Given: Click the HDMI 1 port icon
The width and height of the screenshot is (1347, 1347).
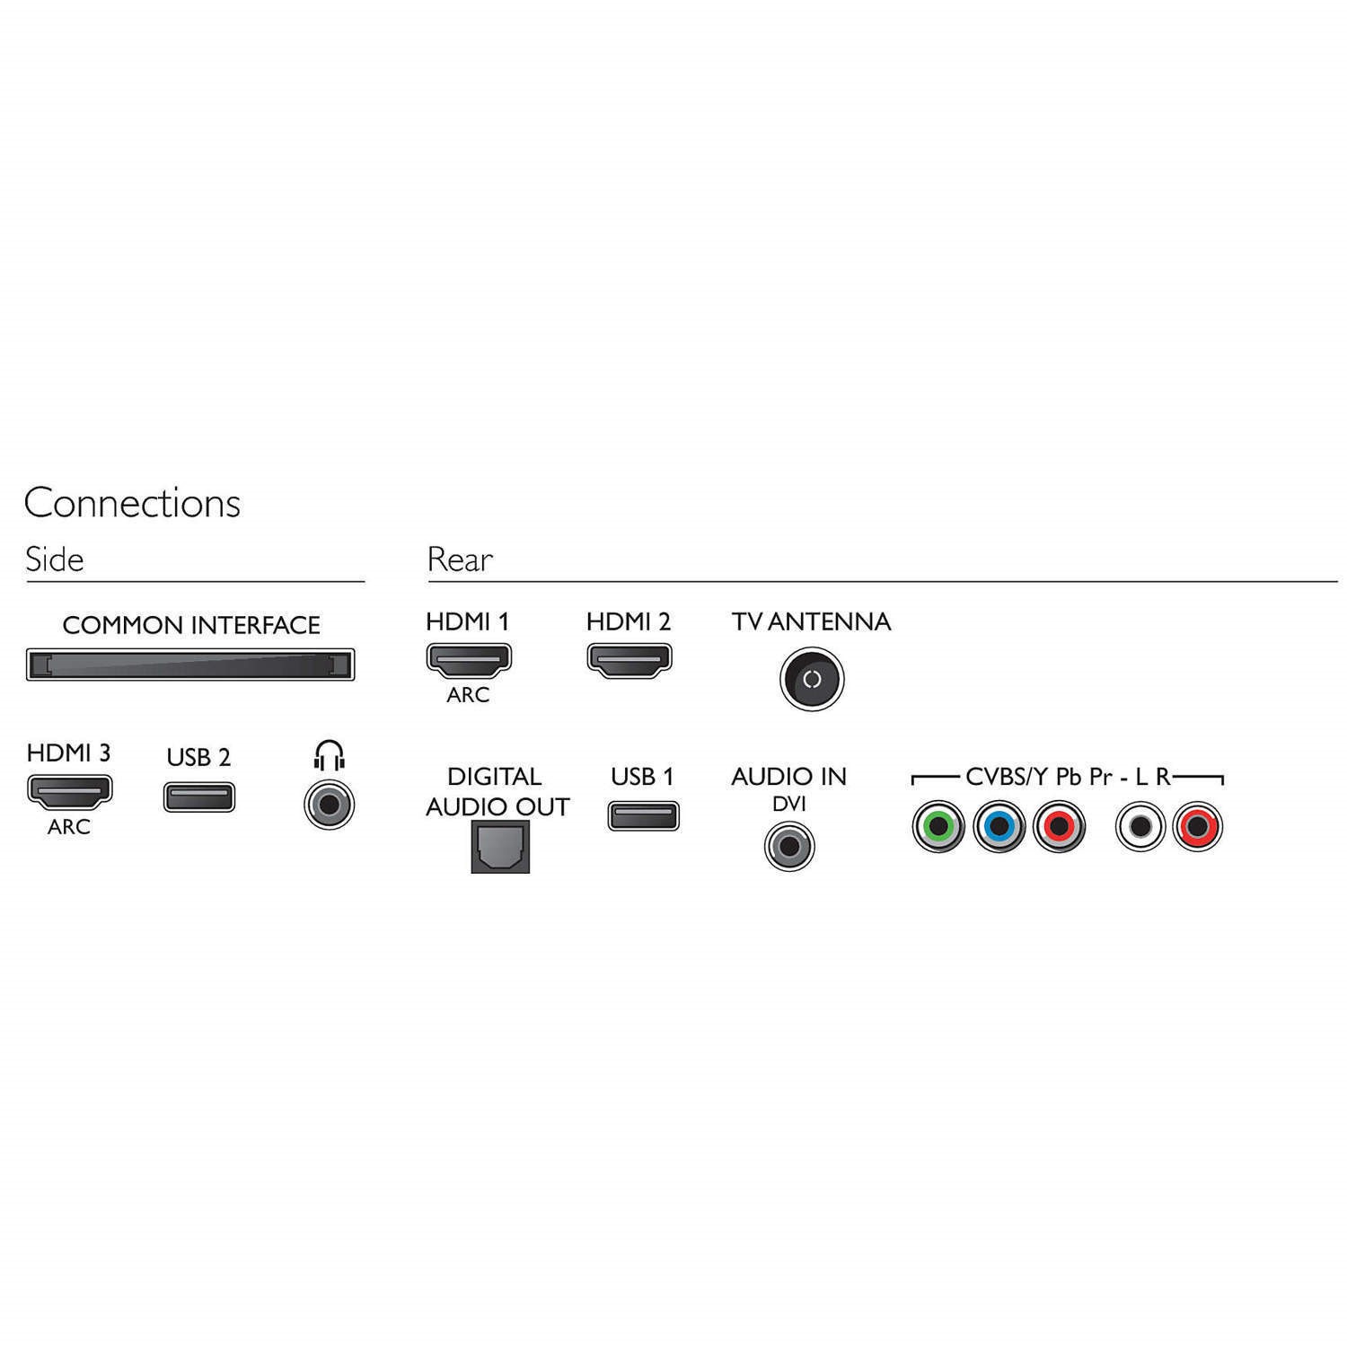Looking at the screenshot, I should point(468,659).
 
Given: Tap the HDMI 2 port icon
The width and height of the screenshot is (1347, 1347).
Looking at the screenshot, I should point(629,659).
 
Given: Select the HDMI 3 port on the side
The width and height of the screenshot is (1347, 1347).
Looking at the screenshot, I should point(69,790).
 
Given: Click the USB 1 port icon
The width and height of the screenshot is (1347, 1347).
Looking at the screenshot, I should point(643,815).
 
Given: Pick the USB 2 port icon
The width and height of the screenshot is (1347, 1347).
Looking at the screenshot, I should point(199,797).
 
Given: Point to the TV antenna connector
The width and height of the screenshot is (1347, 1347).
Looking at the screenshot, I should point(812,680).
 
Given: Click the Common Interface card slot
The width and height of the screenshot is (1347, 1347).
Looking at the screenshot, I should point(190,665).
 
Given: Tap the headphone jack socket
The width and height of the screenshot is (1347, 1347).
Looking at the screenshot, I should point(330,804).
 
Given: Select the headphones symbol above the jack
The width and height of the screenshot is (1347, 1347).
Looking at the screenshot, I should point(330,755).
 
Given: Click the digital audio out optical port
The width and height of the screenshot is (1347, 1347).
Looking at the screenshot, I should point(500,848).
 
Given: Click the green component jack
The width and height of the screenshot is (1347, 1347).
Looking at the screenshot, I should point(938,825).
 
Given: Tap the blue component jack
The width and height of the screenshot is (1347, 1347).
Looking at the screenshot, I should point(999,825).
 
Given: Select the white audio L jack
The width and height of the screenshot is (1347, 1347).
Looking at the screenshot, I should point(1140,825).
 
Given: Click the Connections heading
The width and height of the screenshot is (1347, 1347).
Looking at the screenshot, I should point(132,503).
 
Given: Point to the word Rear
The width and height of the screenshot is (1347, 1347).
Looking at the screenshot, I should point(460,559).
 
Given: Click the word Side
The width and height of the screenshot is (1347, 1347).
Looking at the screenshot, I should point(55,559).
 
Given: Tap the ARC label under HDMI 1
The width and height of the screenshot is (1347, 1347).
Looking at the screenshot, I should point(468,695).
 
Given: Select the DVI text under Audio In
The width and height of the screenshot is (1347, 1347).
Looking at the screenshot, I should point(789,805).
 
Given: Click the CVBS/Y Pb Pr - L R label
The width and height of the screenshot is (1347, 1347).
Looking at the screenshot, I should point(1068,777).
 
